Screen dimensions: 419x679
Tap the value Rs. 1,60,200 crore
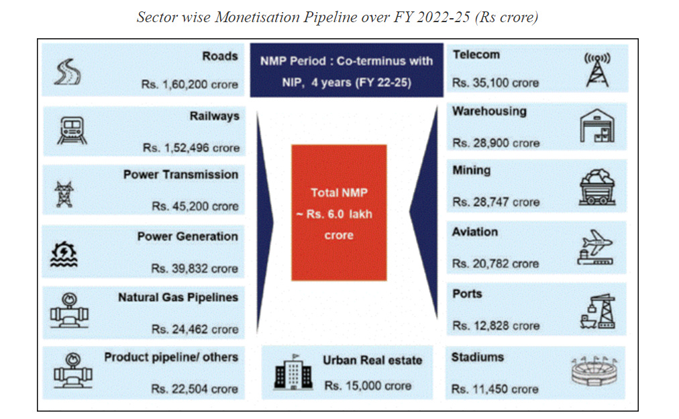click(x=190, y=85)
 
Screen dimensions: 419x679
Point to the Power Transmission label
click(x=180, y=175)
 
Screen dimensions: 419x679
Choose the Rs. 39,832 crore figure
click(x=195, y=269)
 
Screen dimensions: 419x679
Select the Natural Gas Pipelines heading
click(x=178, y=297)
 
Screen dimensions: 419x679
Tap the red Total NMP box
click(x=339, y=213)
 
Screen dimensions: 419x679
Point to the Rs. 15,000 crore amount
click(x=368, y=386)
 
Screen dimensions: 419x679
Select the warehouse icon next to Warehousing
click(x=596, y=128)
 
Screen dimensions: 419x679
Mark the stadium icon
click(x=596, y=371)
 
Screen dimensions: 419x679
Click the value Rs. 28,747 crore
click(x=495, y=202)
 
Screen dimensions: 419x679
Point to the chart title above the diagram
click(x=337, y=17)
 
